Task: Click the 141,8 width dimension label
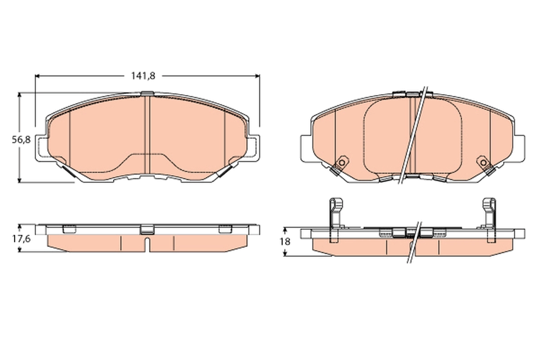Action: [143, 76]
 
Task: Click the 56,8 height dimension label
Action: [21, 140]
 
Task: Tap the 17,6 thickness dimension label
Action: [21, 239]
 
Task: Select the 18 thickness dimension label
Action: [285, 241]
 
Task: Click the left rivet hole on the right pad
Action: [342, 163]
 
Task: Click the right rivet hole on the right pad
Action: [483, 163]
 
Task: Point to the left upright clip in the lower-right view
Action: [336, 220]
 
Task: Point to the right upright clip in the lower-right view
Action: [490, 220]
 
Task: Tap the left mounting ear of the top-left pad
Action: [41, 148]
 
